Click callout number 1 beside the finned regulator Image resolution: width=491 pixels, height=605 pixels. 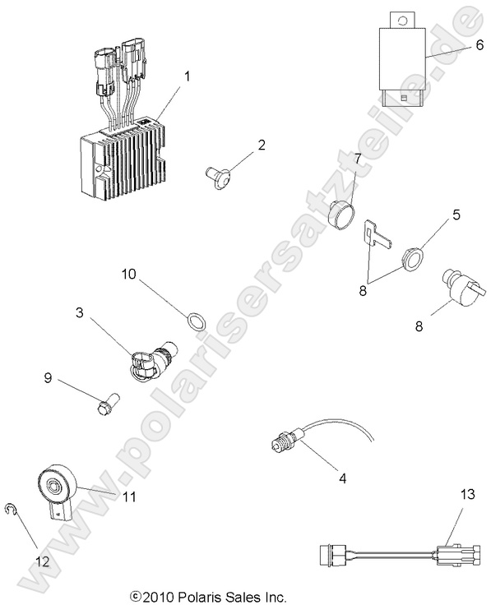pos(188,76)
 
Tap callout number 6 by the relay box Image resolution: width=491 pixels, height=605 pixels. pos(479,44)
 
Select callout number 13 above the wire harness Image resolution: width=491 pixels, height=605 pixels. pos(468,494)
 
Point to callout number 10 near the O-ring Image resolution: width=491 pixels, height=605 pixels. pos(129,274)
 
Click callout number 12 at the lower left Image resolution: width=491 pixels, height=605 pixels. pos(43,561)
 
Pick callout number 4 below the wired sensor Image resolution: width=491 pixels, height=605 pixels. pos(342,478)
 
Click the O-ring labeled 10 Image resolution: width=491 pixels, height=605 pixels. pos(196,322)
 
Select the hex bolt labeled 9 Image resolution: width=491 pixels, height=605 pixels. pos(108,404)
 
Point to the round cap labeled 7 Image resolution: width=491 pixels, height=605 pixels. pos(341,215)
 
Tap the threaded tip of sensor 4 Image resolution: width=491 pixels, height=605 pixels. pos(276,444)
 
